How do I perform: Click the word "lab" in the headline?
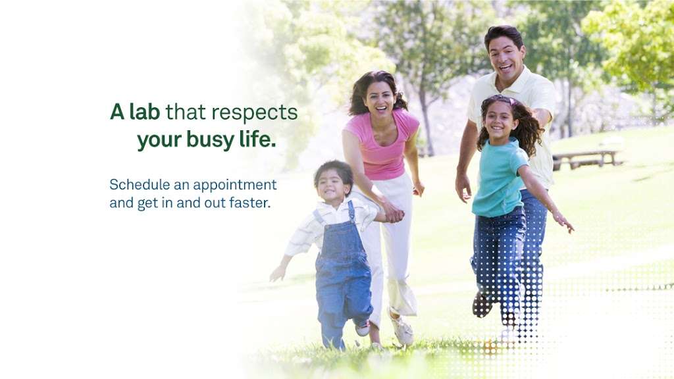(144, 112)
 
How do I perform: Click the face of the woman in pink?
(380, 97)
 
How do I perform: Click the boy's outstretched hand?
(278, 273)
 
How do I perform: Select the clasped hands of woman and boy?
(393, 213)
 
